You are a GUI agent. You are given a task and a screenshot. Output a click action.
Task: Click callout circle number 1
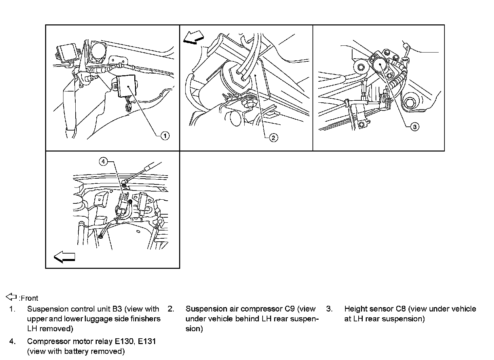[x=165, y=136]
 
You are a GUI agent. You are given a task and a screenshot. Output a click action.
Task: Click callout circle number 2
[x=273, y=137]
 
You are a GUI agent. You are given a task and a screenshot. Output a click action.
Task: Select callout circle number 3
[x=414, y=127]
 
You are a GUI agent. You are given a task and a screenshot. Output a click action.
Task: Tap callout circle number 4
[x=103, y=162]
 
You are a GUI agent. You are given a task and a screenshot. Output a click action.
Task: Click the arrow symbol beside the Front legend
[x=12, y=297]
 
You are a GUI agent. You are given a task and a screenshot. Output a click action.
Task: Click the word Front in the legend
[x=30, y=298]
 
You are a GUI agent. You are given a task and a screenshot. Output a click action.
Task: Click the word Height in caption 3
[x=355, y=309]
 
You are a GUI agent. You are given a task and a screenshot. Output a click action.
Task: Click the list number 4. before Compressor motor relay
[x=13, y=341]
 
